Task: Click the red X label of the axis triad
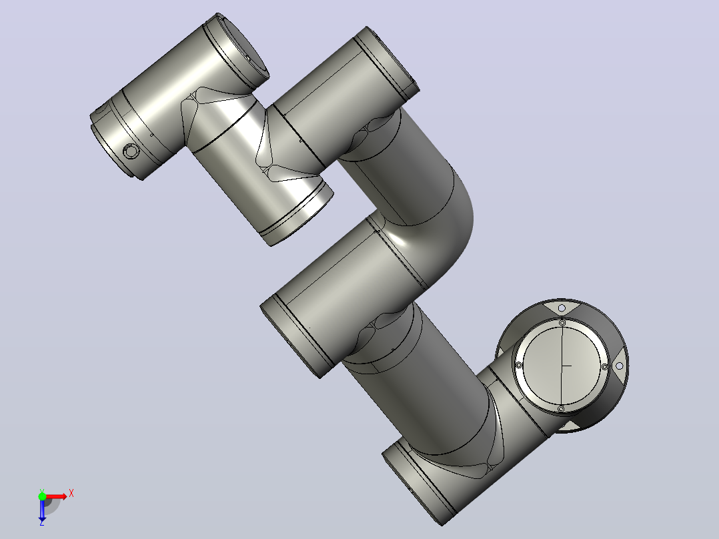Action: click(71, 494)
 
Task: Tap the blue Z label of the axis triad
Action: click(42, 522)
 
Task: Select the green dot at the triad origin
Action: click(42, 496)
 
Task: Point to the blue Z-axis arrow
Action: click(42, 509)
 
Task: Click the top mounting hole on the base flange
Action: click(562, 308)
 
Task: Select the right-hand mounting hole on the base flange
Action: click(619, 366)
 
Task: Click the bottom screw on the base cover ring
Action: click(560, 408)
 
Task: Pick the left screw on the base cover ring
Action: click(519, 365)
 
